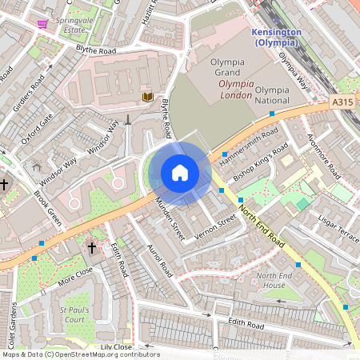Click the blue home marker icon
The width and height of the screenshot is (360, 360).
pos(180,173)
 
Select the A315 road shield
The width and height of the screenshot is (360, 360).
pos(342,102)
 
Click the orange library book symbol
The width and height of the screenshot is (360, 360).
pos(147,97)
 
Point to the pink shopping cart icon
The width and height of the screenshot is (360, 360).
pos(42,23)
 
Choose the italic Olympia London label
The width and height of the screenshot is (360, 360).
pos(247,89)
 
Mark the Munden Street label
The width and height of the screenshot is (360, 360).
pos(170,221)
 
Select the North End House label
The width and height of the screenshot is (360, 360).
pos(270,280)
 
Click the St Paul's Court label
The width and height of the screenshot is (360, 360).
pos(74,314)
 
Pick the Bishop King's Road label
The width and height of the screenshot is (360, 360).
pos(260,162)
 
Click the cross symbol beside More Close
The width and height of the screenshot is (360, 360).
pos(91,249)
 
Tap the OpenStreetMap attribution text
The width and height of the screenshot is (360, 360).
pos(80,354)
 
